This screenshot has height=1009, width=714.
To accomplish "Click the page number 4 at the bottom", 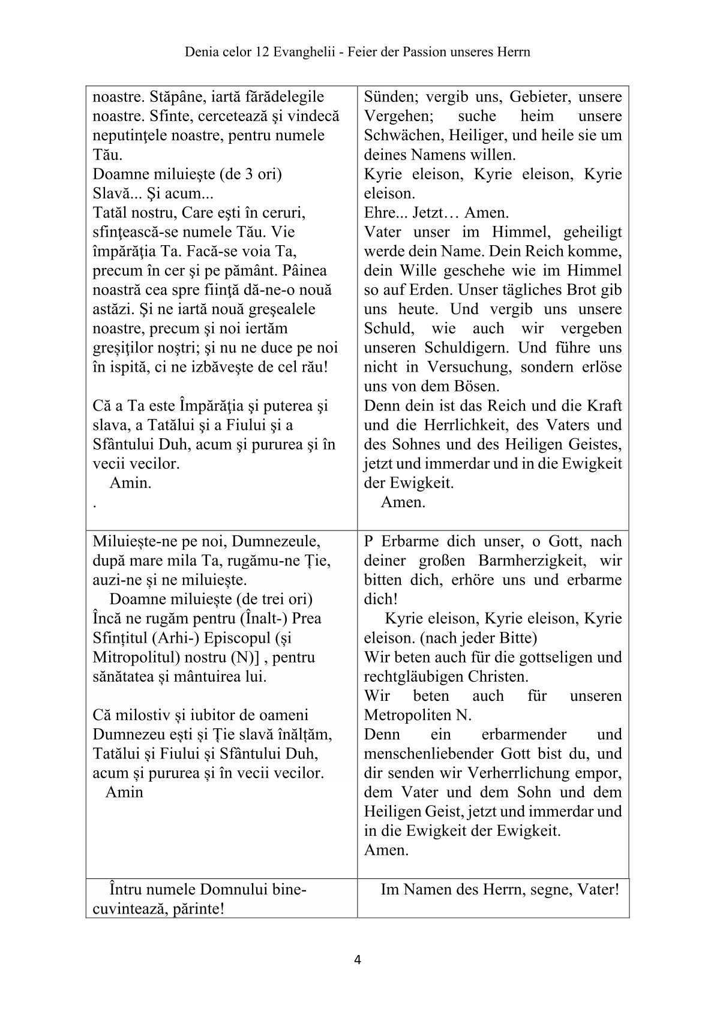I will [358, 960].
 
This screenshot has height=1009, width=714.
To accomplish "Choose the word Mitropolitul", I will [131, 657].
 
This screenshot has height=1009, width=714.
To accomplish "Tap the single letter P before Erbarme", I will [368, 541].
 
